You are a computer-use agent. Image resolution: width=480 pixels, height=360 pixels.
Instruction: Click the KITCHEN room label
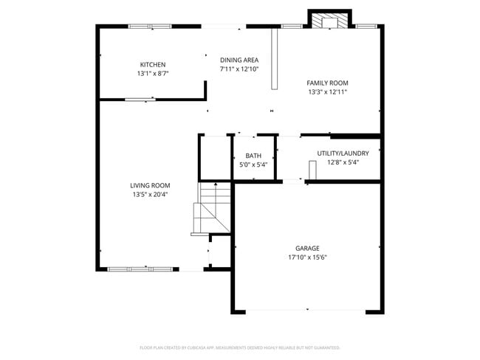[153, 65]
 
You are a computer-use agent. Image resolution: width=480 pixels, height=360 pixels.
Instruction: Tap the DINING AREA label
[239, 60]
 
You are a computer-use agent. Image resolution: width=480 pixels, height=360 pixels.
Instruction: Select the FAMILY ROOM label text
[327, 83]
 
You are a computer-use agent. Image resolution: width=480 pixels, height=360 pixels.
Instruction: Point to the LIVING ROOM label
[150, 185]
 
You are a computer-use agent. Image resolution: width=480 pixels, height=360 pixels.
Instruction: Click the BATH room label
[253, 156]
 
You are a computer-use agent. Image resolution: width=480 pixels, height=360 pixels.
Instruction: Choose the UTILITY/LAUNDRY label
[337, 153]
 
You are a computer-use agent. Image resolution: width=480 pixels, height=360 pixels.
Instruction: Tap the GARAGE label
[307, 249]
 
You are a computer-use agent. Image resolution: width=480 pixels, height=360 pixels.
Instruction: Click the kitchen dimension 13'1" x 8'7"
[153, 74]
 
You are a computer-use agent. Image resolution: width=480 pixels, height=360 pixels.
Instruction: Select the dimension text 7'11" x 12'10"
[239, 69]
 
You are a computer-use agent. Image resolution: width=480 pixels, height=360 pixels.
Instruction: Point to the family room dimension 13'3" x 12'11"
[327, 92]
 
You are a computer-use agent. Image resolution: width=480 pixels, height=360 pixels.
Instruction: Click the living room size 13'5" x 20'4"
[150, 195]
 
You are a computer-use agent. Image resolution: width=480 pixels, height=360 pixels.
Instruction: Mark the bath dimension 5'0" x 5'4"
[253, 165]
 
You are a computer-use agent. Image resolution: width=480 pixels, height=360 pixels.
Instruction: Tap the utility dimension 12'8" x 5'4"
[337, 162]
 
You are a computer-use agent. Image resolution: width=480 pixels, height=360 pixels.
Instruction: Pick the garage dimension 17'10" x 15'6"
[307, 257]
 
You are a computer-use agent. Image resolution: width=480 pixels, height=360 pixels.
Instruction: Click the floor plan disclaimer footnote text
[239, 347]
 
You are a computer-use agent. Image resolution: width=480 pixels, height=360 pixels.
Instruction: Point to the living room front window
[139, 269]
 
